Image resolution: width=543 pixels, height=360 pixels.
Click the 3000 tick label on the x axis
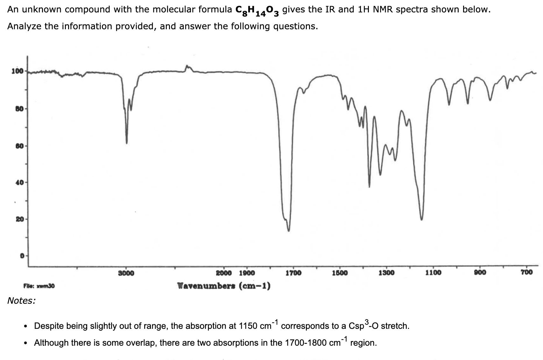coord(126,273)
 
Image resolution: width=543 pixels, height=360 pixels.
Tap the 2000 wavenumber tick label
coord(224,273)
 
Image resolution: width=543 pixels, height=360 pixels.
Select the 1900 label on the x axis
coord(247,273)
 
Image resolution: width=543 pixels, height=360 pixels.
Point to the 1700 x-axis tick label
coord(293,273)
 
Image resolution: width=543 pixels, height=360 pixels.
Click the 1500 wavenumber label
coord(340,273)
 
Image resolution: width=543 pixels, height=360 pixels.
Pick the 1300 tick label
coord(386,273)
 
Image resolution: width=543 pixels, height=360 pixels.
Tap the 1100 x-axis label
coord(433,273)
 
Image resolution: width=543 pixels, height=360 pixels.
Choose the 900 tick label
coord(480,273)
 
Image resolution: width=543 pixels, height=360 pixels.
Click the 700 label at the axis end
coord(527,272)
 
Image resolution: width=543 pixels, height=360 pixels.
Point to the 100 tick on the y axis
coord(17,71)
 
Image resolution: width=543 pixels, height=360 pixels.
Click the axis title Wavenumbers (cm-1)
coord(224,286)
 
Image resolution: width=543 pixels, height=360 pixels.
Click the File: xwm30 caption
coord(39,286)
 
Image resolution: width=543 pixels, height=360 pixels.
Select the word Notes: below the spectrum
coord(21,301)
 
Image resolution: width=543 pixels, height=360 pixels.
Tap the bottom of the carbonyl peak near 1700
coord(289,231)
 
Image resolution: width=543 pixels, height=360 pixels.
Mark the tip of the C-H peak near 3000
coord(127,143)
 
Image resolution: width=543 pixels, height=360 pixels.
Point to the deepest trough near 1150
coord(422,219)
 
